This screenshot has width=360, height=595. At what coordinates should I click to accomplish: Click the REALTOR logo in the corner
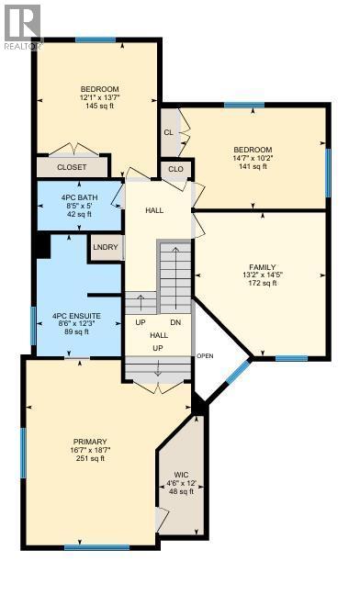(21, 25)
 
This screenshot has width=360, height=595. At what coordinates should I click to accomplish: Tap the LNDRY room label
(104, 246)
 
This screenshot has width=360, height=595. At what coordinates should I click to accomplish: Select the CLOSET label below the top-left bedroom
(72, 167)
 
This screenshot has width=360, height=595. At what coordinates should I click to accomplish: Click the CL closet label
(169, 132)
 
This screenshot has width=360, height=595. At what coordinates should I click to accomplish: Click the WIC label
(181, 475)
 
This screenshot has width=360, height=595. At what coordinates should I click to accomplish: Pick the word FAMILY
(263, 264)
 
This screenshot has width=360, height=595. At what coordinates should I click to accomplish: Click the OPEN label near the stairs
(205, 356)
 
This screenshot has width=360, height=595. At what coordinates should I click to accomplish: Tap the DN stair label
(176, 323)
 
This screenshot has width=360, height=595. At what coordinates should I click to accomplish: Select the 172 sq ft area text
(263, 283)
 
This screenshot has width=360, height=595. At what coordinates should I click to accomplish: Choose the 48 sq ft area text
(181, 491)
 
